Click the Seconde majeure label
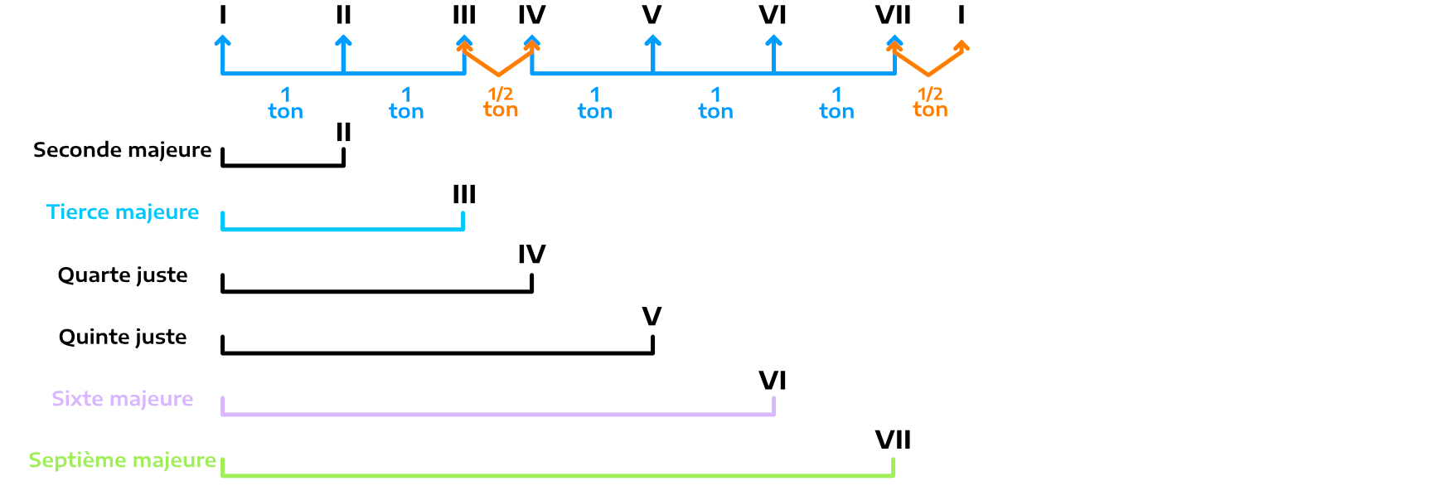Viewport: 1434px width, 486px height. click(x=122, y=150)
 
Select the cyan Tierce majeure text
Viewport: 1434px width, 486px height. click(x=122, y=212)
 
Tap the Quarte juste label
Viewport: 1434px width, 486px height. click(x=122, y=275)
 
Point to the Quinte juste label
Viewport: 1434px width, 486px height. click(x=122, y=338)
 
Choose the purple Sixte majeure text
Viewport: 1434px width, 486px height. click(x=122, y=399)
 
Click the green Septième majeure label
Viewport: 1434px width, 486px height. click(x=122, y=460)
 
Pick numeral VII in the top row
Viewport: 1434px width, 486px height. click(x=893, y=15)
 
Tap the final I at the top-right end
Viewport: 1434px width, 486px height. click(x=961, y=15)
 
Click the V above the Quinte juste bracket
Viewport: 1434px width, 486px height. click(x=652, y=316)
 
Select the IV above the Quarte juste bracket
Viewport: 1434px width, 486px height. click(x=531, y=254)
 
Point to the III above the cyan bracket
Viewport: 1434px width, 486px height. click(x=464, y=194)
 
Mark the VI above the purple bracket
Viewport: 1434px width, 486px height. click(x=773, y=380)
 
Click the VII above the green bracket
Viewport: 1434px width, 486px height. click(x=893, y=440)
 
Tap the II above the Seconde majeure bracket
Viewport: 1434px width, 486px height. click(x=343, y=132)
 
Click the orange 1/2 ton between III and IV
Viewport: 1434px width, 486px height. click(x=501, y=103)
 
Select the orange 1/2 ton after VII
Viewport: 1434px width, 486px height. click(x=930, y=103)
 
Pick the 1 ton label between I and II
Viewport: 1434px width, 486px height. click(x=285, y=104)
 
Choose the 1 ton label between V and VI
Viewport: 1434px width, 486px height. click(x=715, y=104)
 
